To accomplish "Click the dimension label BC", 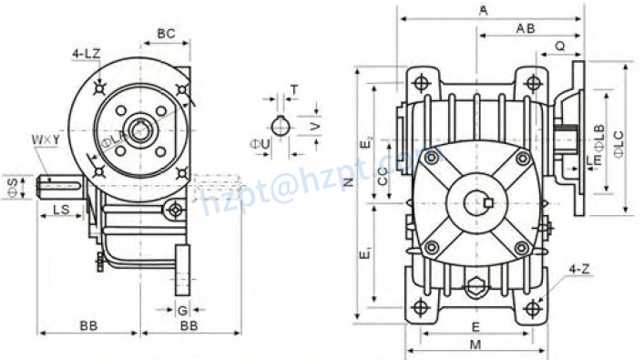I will pyautogui.click(x=166, y=34).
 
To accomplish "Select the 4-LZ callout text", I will pyautogui.click(x=87, y=55).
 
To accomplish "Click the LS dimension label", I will pyautogui.click(x=62, y=211).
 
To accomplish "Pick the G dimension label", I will pyautogui.click(x=182, y=311).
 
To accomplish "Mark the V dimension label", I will pyautogui.click(x=315, y=126).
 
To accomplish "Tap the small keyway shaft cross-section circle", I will pyautogui.click(x=281, y=126).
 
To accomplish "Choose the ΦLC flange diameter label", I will pyautogui.click(x=619, y=143).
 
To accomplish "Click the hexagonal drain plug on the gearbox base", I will pyautogui.click(x=475, y=290).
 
